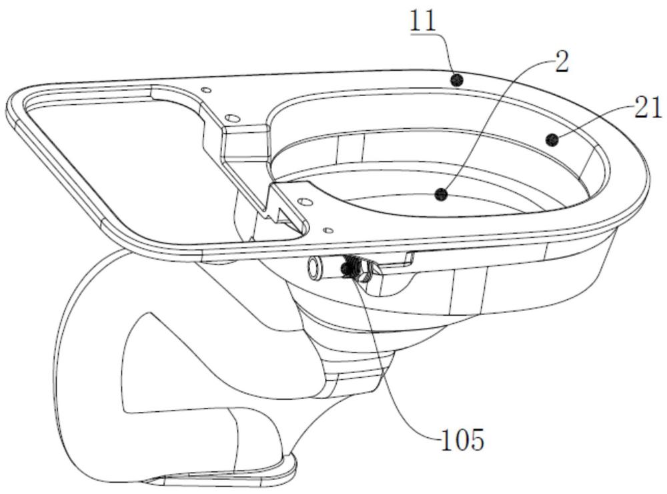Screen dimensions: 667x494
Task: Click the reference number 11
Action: [424, 20]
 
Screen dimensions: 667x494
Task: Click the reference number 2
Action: [562, 62]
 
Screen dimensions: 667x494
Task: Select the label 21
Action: [648, 107]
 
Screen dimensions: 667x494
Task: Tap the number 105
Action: [462, 440]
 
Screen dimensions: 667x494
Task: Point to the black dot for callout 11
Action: [456, 79]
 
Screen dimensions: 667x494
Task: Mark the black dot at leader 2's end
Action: [442, 195]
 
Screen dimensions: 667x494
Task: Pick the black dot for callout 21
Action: [552, 140]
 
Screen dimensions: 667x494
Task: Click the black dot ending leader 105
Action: [346, 268]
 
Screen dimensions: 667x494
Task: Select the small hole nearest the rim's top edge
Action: [206, 90]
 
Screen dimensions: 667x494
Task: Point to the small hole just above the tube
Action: [328, 230]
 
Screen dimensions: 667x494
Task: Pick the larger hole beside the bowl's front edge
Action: [304, 200]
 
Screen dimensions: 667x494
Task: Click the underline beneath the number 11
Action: [424, 32]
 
